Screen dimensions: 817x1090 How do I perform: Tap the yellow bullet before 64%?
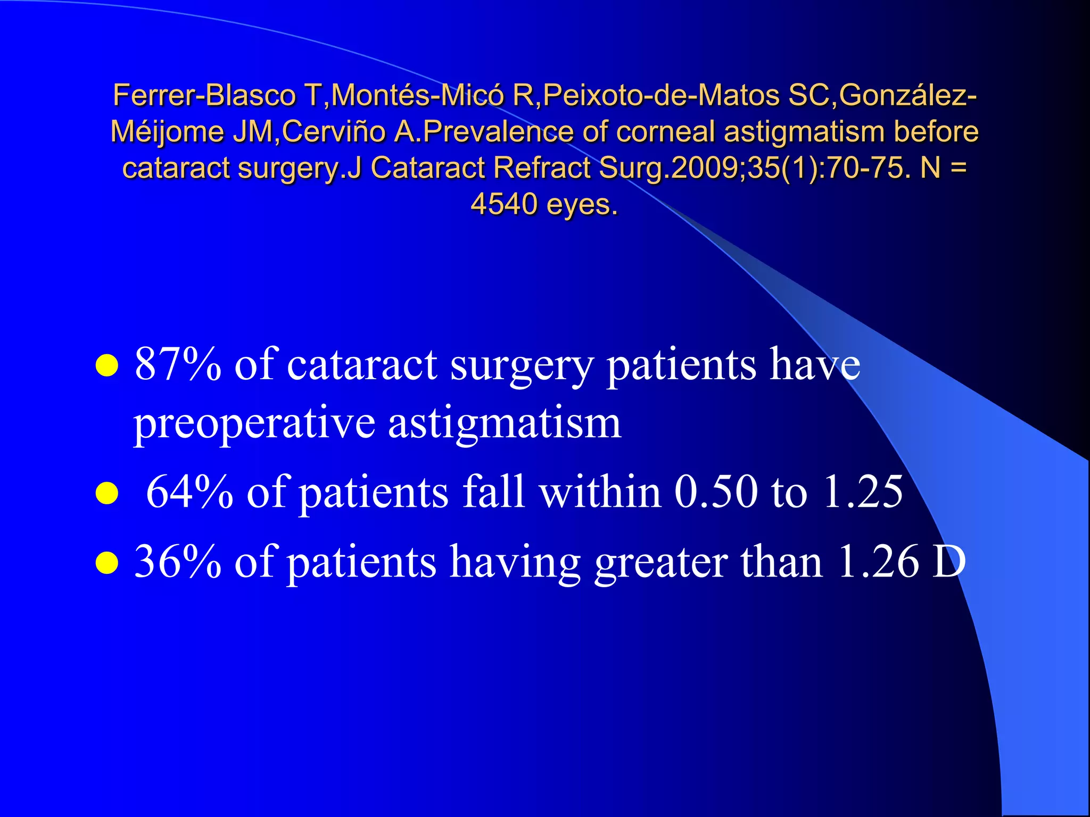pyautogui.click(x=106, y=493)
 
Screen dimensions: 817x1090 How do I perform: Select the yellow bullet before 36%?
pyautogui.click(x=106, y=563)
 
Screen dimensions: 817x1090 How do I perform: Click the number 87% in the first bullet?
pyautogui.click(x=178, y=365)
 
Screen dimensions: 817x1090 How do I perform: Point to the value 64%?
pyautogui.click(x=189, y=491)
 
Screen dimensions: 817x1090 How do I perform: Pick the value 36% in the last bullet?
pyautogui.click(x=178, y=562)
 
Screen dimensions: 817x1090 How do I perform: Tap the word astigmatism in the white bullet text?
pyautogui.click(x=505, y=424)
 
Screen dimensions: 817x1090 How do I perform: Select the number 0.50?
pyautogui.click(x=716, y=491)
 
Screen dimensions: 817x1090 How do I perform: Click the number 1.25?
pyautogui.click(x=863, y=491)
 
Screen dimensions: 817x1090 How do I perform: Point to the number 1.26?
pyautogui.click(x=878, y=562)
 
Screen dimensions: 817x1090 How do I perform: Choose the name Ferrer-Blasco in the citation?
pyautogui.click(x=204, y=96)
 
